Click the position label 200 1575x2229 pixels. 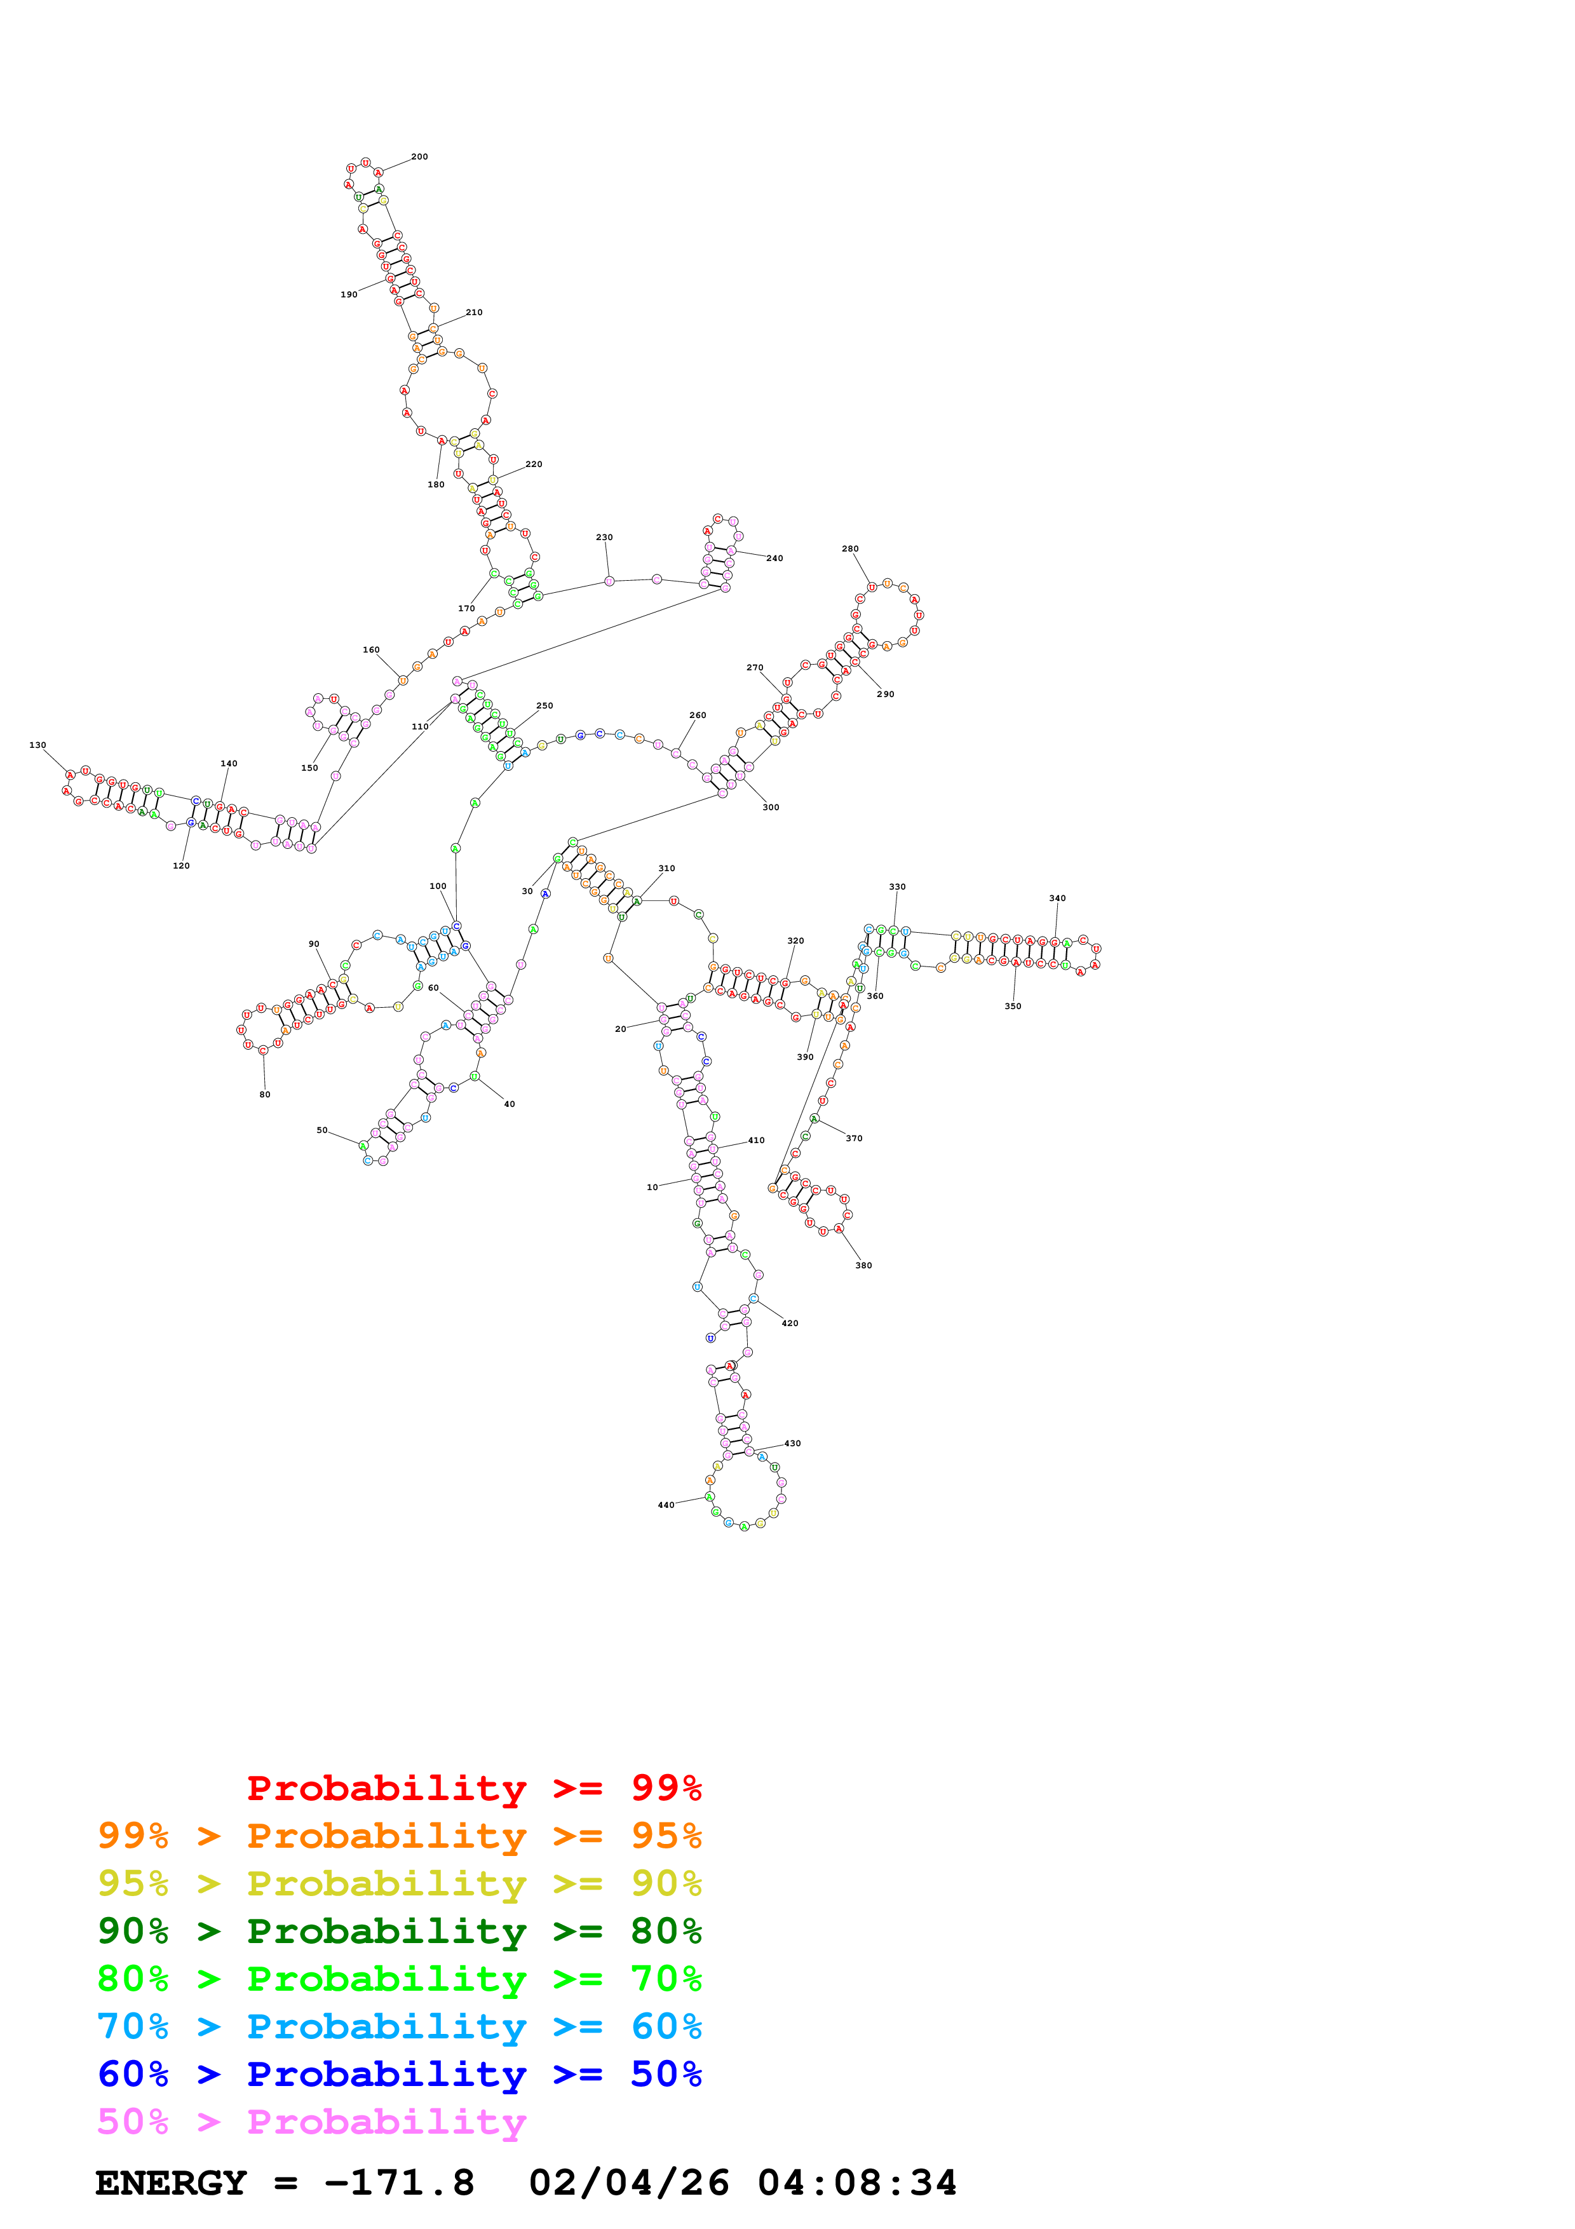pos(419,156)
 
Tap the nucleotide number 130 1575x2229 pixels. pos(38,745)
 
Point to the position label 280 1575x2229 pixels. pos(850,548)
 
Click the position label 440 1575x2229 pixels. pos(666,1505)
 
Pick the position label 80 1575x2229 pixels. pos(265,1094)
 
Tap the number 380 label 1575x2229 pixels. pos(863,1265)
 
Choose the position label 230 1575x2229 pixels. pos(605,537)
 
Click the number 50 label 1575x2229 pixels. pos(322,1130)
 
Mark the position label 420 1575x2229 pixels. pos(790,1323)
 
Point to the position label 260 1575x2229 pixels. pos(698,715)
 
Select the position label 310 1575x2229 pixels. pos(666,868)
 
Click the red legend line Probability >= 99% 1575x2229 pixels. pos(473,1787)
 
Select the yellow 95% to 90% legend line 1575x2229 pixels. pos(400,1883)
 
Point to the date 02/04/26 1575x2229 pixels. pos(629,2183)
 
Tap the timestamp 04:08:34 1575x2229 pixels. pos(857,2183)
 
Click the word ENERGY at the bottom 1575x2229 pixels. pos(171,2183)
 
